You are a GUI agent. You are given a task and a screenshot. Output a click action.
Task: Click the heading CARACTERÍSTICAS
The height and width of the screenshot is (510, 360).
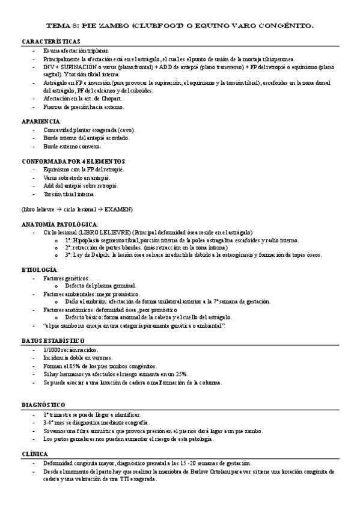pyautogui.click(x=50, y=41)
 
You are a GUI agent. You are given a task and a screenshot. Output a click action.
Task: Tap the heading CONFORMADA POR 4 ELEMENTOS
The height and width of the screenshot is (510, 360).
pyautogui.click(x=73, y=162)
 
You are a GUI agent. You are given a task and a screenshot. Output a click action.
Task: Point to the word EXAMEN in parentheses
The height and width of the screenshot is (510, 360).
pyautogui.click(x=118, y=209)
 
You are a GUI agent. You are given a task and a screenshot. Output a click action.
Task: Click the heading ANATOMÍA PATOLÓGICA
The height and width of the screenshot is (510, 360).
pyautogui.click(x=59, y=224)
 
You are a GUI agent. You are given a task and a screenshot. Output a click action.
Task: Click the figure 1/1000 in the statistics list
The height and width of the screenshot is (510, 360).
pyautogui.click(x=52, y=349)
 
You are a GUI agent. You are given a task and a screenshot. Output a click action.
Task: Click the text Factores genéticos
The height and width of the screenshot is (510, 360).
pyautogui.click(x=66, y=278)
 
